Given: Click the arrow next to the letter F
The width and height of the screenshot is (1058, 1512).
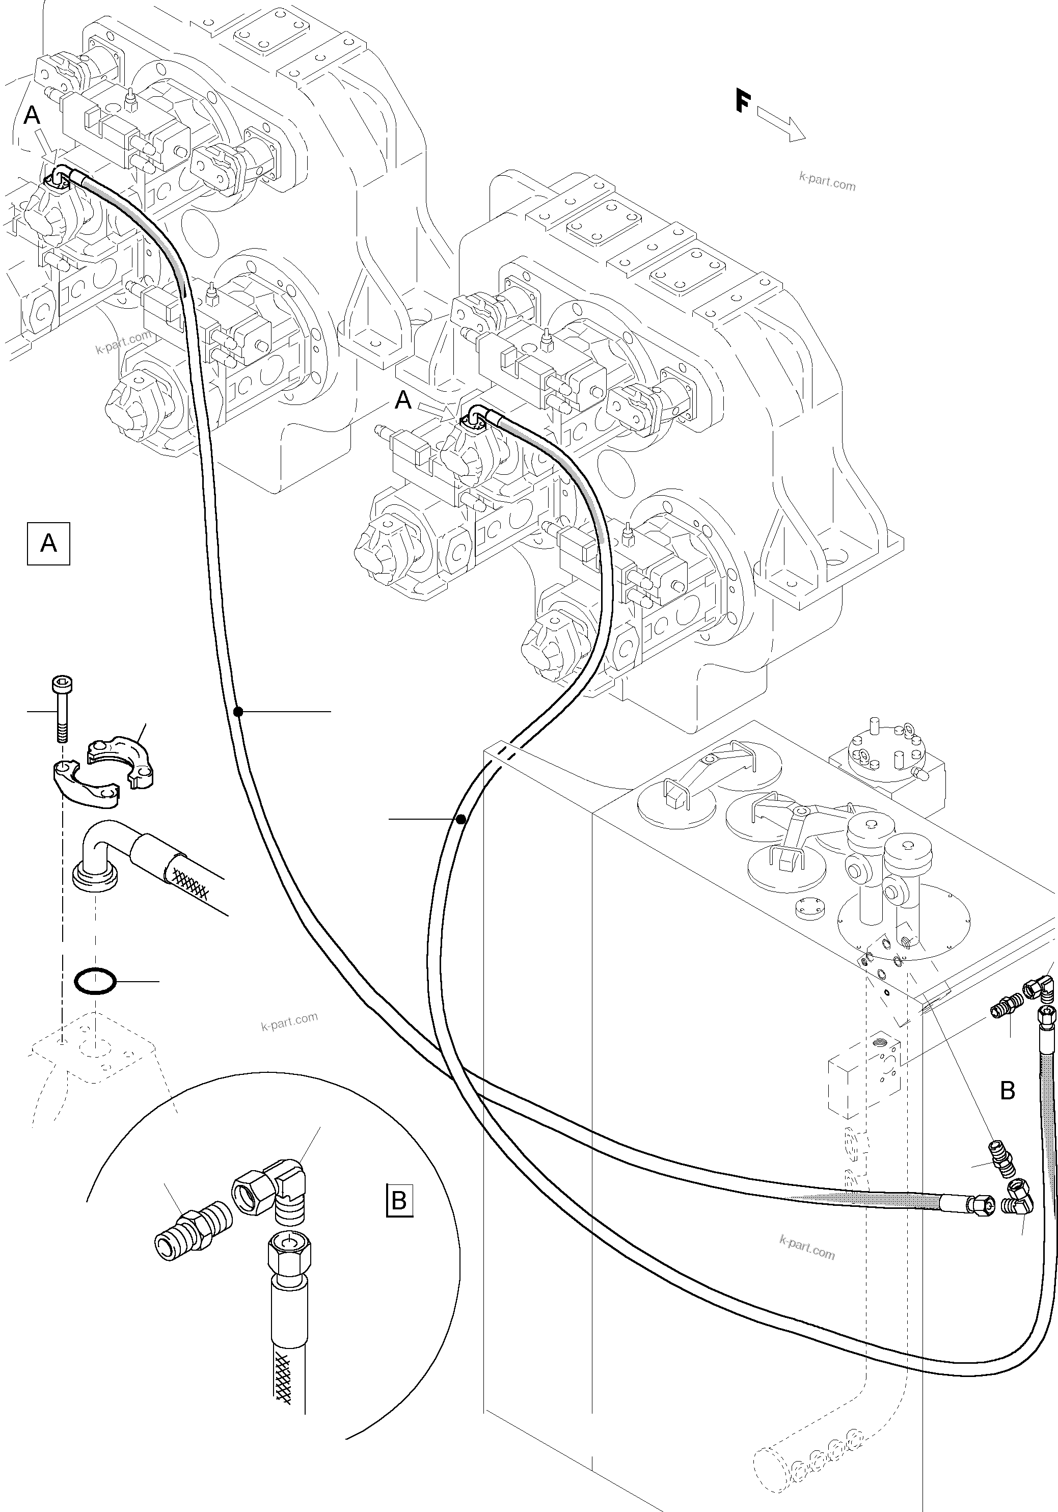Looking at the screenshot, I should (781, 125).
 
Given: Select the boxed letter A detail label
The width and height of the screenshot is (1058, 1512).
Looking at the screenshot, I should (48, 543).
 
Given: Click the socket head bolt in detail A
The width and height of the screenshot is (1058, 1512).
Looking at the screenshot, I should (61, 709).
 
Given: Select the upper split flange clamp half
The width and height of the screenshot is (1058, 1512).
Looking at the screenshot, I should (121, 761).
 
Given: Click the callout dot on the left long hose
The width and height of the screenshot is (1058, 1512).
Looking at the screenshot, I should (238, 711).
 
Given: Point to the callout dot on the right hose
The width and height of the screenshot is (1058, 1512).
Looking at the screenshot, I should (461, 819).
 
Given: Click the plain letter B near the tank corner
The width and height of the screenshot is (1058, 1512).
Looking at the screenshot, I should (1007, 1091).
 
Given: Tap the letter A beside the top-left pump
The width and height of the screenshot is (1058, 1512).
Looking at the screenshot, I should (32, 116).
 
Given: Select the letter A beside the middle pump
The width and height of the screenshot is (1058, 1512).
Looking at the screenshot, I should (403, 400).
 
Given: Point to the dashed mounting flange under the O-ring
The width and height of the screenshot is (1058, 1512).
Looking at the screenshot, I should (92, 1051).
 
